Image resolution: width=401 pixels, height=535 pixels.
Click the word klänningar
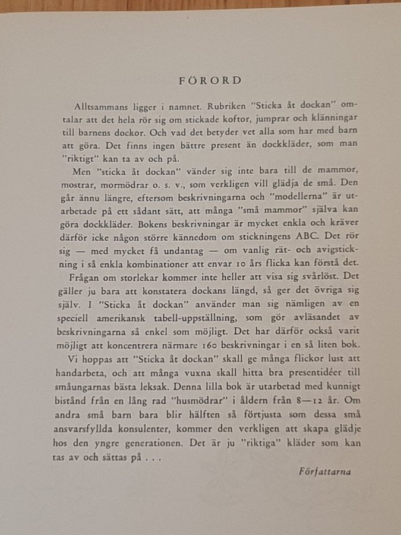[333, 118]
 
